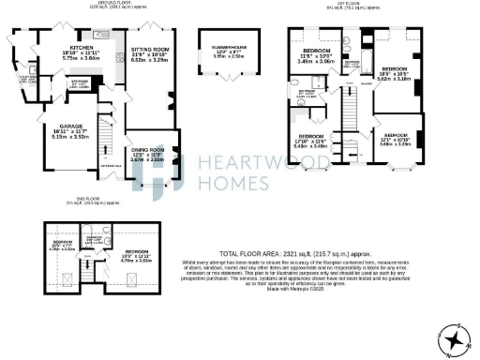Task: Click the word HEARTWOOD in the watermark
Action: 247,163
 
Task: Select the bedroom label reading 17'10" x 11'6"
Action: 311,141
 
